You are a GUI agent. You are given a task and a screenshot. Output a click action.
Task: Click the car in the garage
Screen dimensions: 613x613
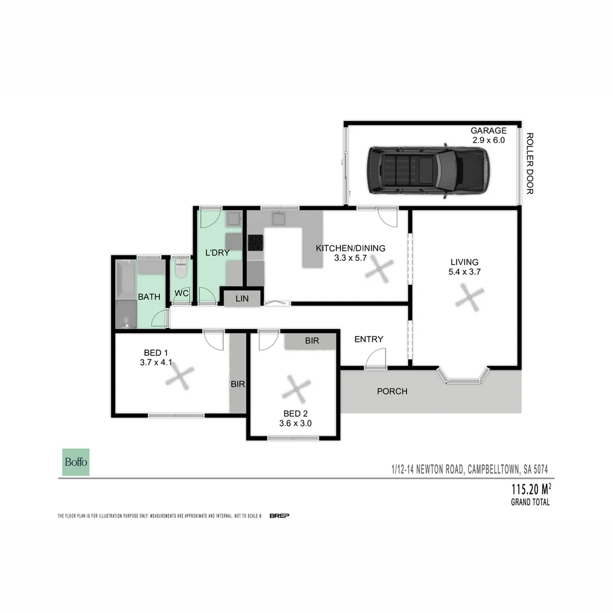[x=427, y=172]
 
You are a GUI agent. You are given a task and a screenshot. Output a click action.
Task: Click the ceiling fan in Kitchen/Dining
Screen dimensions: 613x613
[x=379, y=270]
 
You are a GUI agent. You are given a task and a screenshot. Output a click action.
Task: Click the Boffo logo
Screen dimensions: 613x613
[x=75, y=462]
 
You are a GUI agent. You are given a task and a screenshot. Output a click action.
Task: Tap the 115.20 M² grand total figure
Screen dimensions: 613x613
[x=531, y=489]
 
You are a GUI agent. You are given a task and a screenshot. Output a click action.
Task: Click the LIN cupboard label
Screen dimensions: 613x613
[x=242, y=299]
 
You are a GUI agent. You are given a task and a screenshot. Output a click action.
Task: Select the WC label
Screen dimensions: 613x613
[x=182, y=293]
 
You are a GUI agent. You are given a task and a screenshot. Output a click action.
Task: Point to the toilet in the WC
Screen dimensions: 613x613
[x=180, y=268]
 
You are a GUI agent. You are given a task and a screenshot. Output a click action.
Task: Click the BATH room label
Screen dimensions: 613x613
[x=149, y=296]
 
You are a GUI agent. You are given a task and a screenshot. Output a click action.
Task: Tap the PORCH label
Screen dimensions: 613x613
[x=392, y=391]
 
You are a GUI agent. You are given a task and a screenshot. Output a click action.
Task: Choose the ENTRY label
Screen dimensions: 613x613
[x=368, y=339]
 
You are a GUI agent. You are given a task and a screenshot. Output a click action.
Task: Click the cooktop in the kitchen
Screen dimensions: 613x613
[x=255, y=243]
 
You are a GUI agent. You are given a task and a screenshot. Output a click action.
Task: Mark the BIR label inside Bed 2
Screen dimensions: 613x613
[x=312, y=341]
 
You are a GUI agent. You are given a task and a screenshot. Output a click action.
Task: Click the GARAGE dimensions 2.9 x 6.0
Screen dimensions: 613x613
[x=488, y=140]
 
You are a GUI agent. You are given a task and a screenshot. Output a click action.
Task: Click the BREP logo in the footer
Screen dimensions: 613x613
[x=279, y=515]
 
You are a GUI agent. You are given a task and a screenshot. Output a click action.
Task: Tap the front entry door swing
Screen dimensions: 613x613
[x=375, y=359]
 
